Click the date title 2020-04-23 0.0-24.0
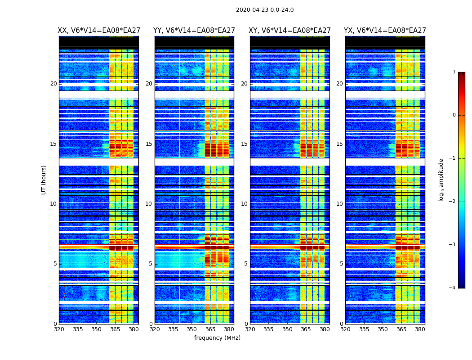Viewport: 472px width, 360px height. click(x=265, y=10)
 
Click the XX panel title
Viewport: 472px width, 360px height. click(x=98, y=31)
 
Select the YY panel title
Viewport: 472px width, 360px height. click(x=194, y=31)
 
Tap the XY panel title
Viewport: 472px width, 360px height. click(x=290, y=31)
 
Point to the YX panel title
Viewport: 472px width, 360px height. click(x=385, y=31)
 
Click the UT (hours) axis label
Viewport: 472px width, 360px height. click(x=44, y=180)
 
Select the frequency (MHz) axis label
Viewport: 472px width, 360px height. click(x=217, y=338)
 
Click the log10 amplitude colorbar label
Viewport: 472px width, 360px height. click(x=441, y=180)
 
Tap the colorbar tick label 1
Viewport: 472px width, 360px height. click(x=454, y=72)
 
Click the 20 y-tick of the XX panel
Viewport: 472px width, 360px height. click(x=53, y=84)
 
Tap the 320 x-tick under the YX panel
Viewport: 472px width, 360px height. click(x=346, y=330)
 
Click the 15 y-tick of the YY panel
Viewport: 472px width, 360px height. click(x=149, y=144)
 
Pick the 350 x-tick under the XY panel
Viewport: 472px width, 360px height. click(x=287, y=330)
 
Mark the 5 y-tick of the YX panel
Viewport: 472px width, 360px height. click(x=341, y=264)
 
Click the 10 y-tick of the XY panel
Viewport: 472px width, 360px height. click(x=244, y=204)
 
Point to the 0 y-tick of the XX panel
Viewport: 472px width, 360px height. click(x=55, y=324)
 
